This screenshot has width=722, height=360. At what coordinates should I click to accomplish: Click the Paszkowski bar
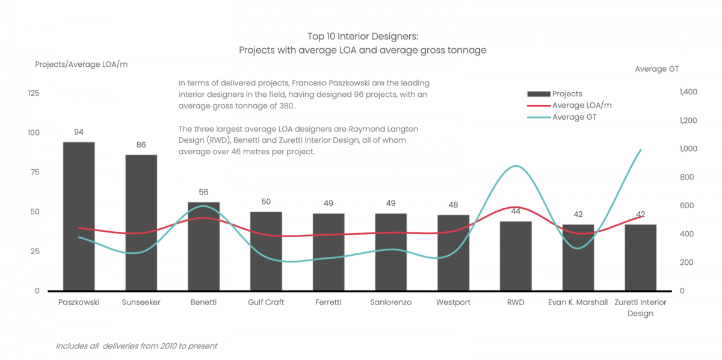click(79, 217)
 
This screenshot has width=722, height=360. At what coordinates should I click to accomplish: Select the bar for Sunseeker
click(141, 223)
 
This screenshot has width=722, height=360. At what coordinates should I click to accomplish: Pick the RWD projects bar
click(516, 256)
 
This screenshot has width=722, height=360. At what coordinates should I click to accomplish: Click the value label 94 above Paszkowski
click(79, 132)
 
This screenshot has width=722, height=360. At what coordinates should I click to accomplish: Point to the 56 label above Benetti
click(203, 192)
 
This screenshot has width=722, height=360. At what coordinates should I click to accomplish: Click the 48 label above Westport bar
click(453, 205)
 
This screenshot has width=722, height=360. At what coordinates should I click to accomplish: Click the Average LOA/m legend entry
click(582, 105)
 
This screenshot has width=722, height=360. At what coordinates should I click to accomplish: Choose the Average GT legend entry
click(574, 117)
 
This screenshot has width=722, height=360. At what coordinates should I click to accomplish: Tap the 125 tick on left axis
click(33, 93)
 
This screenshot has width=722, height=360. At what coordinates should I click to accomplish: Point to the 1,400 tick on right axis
click(688, 92)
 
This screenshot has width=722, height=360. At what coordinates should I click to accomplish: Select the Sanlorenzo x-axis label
click(390, 302)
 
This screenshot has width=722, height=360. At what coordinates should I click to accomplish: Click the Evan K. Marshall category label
click(578, 302)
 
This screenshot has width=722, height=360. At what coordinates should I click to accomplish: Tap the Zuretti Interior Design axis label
click(640, 308)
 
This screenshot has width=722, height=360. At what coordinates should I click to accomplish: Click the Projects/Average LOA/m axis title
click(81, 64)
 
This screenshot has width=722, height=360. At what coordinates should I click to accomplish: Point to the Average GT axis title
click(656, 69)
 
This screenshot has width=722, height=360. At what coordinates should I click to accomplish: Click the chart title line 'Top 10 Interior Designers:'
click(362, 37)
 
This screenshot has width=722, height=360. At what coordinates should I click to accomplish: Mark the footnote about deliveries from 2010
click(136, 346)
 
